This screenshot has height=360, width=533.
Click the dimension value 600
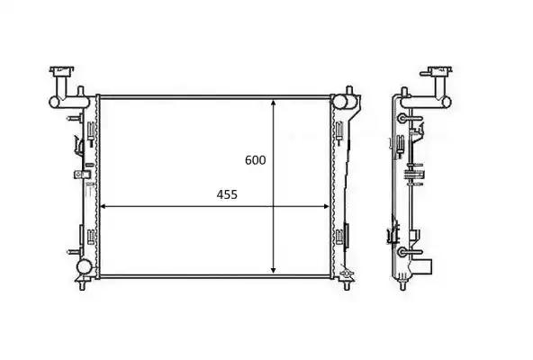256,160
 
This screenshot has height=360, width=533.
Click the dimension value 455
227,194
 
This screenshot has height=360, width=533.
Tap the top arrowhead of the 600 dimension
274,103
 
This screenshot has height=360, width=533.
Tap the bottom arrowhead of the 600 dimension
274,270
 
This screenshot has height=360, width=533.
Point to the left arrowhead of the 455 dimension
104,206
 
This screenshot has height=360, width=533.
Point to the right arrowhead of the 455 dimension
326,206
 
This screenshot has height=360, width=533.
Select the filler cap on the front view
62,72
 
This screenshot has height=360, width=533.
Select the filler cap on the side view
439,72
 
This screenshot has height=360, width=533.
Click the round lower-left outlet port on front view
84,266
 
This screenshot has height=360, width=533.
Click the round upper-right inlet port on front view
340,102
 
